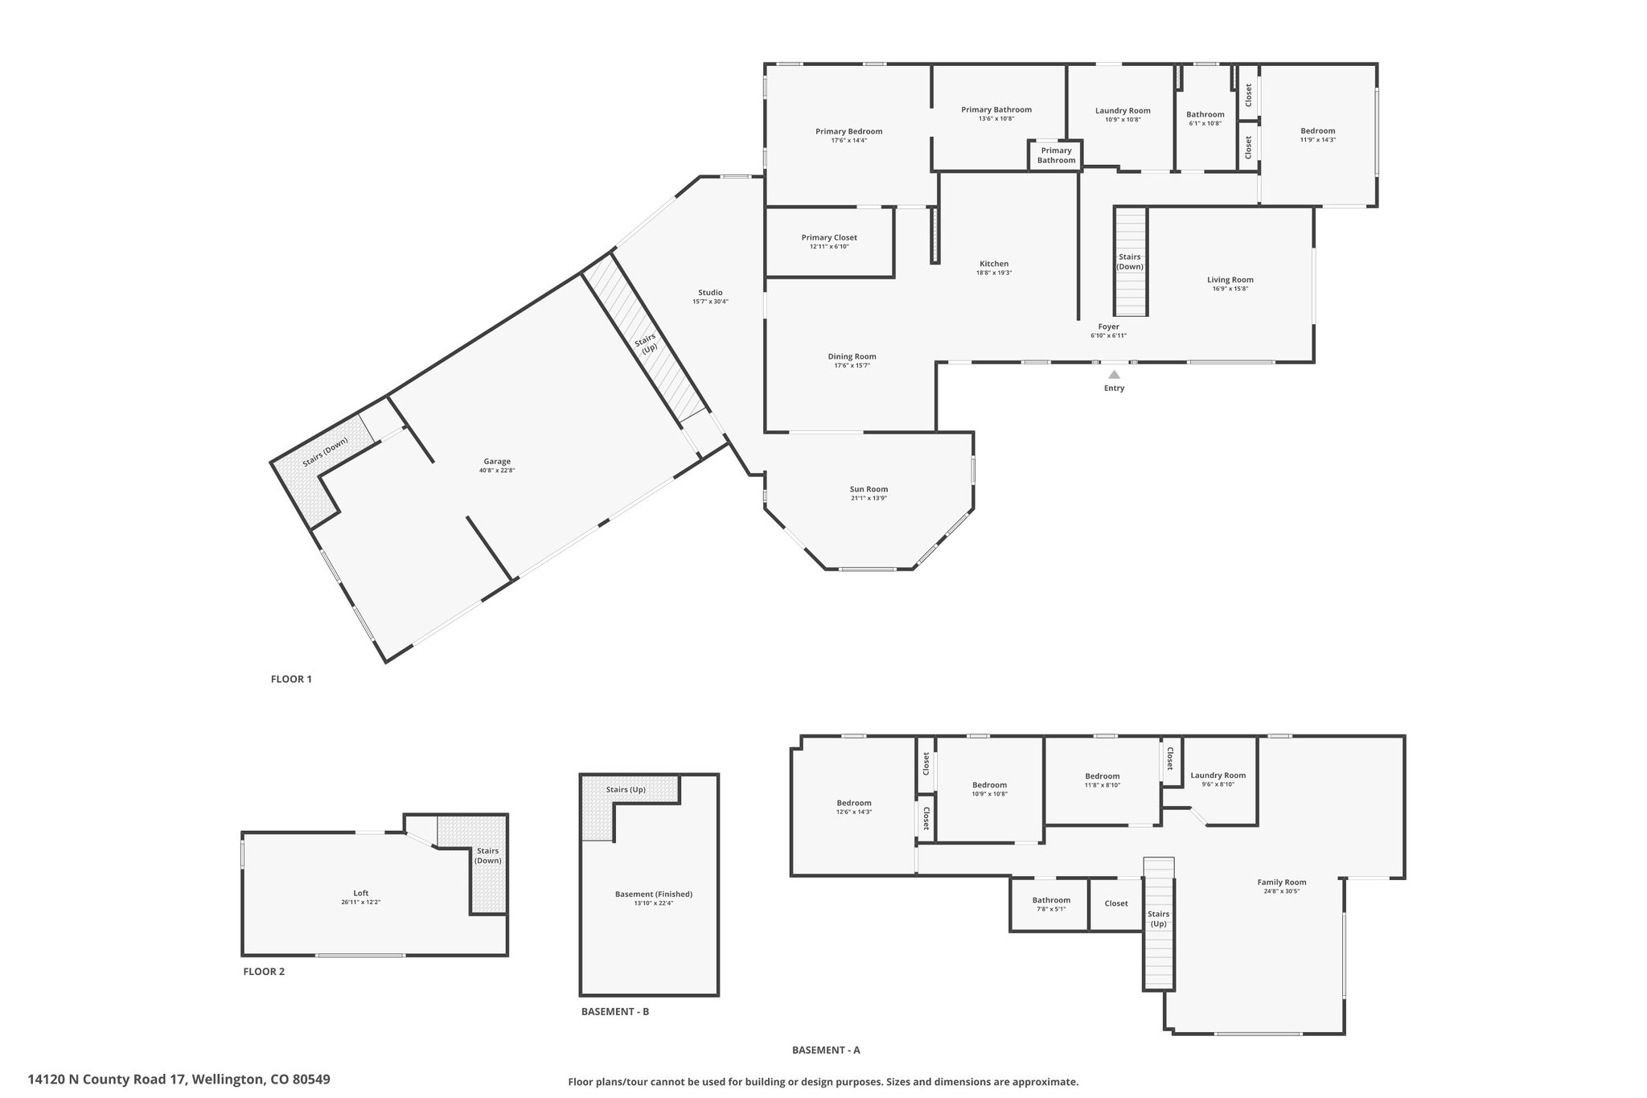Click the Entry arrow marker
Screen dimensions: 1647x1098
[x=1114, y=374]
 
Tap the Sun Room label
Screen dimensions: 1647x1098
[x=869, y=489]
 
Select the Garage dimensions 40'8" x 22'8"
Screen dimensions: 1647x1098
[x=497, y=471]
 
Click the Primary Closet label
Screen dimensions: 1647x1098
[x=829, y=237]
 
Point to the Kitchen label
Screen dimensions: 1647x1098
[x=994, y=264]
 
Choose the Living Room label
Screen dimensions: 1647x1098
[x=1230, y=280]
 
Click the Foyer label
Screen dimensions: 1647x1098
[x=1109, y=327]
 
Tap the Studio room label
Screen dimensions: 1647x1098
[x=710, y=293]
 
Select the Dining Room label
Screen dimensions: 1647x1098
[x=852, y=356]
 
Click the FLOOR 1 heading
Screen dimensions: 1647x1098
[x=291, y=679]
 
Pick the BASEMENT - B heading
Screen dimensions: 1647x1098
[x=615, y=1011]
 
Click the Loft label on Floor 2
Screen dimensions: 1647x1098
[x=361, y=893]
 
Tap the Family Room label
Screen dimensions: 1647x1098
[x=1282, y=882]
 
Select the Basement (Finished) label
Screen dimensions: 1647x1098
[x=654, y=894]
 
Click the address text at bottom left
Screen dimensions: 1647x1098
[x=179, y=1079]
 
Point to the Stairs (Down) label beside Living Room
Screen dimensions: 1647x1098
[x=1130, y=261]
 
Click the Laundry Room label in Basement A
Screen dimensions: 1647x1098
[x=1218, y=775]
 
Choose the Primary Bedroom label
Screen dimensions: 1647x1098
[x=849, y=131]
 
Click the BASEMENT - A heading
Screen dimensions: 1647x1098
[x=826, y=1050]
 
